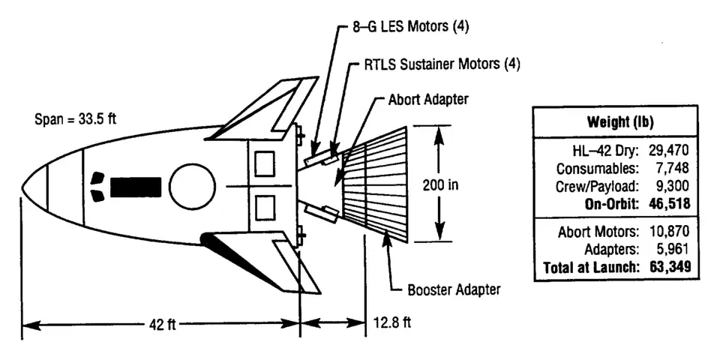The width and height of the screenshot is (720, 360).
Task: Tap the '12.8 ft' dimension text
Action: point(392,323)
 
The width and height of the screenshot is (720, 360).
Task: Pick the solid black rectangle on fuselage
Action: point(136,187)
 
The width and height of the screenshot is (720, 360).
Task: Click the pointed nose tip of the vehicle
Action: point(23,185)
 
